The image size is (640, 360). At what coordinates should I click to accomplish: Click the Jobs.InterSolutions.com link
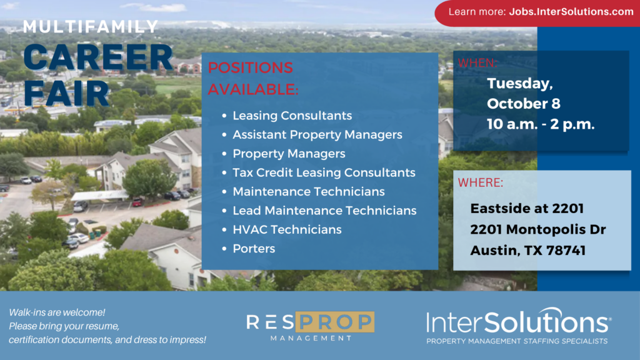click(x=571, y=12)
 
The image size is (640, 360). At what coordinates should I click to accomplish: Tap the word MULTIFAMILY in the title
click(x=91, y=27)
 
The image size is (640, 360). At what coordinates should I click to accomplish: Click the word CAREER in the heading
click(x=98, y=58)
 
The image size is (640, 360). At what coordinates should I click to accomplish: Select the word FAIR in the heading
click(x=66, y=93)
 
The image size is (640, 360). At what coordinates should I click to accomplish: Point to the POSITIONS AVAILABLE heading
click(x=253, y=78)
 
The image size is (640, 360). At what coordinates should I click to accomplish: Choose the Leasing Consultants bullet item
click(x=292, y=116)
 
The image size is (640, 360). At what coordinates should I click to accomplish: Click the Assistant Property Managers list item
click(x=317, y=135)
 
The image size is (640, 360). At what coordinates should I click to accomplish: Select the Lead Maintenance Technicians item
click(x=324, y=211)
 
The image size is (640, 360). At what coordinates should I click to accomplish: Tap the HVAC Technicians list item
click(x=287, y=229)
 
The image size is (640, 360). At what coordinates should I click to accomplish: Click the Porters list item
click(x=254, y=249)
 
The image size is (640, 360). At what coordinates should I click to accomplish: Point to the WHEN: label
click(x=477, y=63)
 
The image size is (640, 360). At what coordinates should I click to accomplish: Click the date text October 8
click(x=524, y=104)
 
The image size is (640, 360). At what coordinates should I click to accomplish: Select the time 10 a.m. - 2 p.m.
click(x=541, y=124)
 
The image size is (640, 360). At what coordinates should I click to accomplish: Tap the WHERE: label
click(x=481, y=182)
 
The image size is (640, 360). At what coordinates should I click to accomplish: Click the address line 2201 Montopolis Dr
click(x=538, y=229)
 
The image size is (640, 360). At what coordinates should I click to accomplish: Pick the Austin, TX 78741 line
click(x=527, y=250)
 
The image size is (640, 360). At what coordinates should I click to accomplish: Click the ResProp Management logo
click(x=310, y=326)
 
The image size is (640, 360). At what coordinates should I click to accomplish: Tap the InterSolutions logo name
click(x=518, y=322)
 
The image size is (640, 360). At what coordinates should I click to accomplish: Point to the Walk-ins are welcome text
click(x=57, y=312)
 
